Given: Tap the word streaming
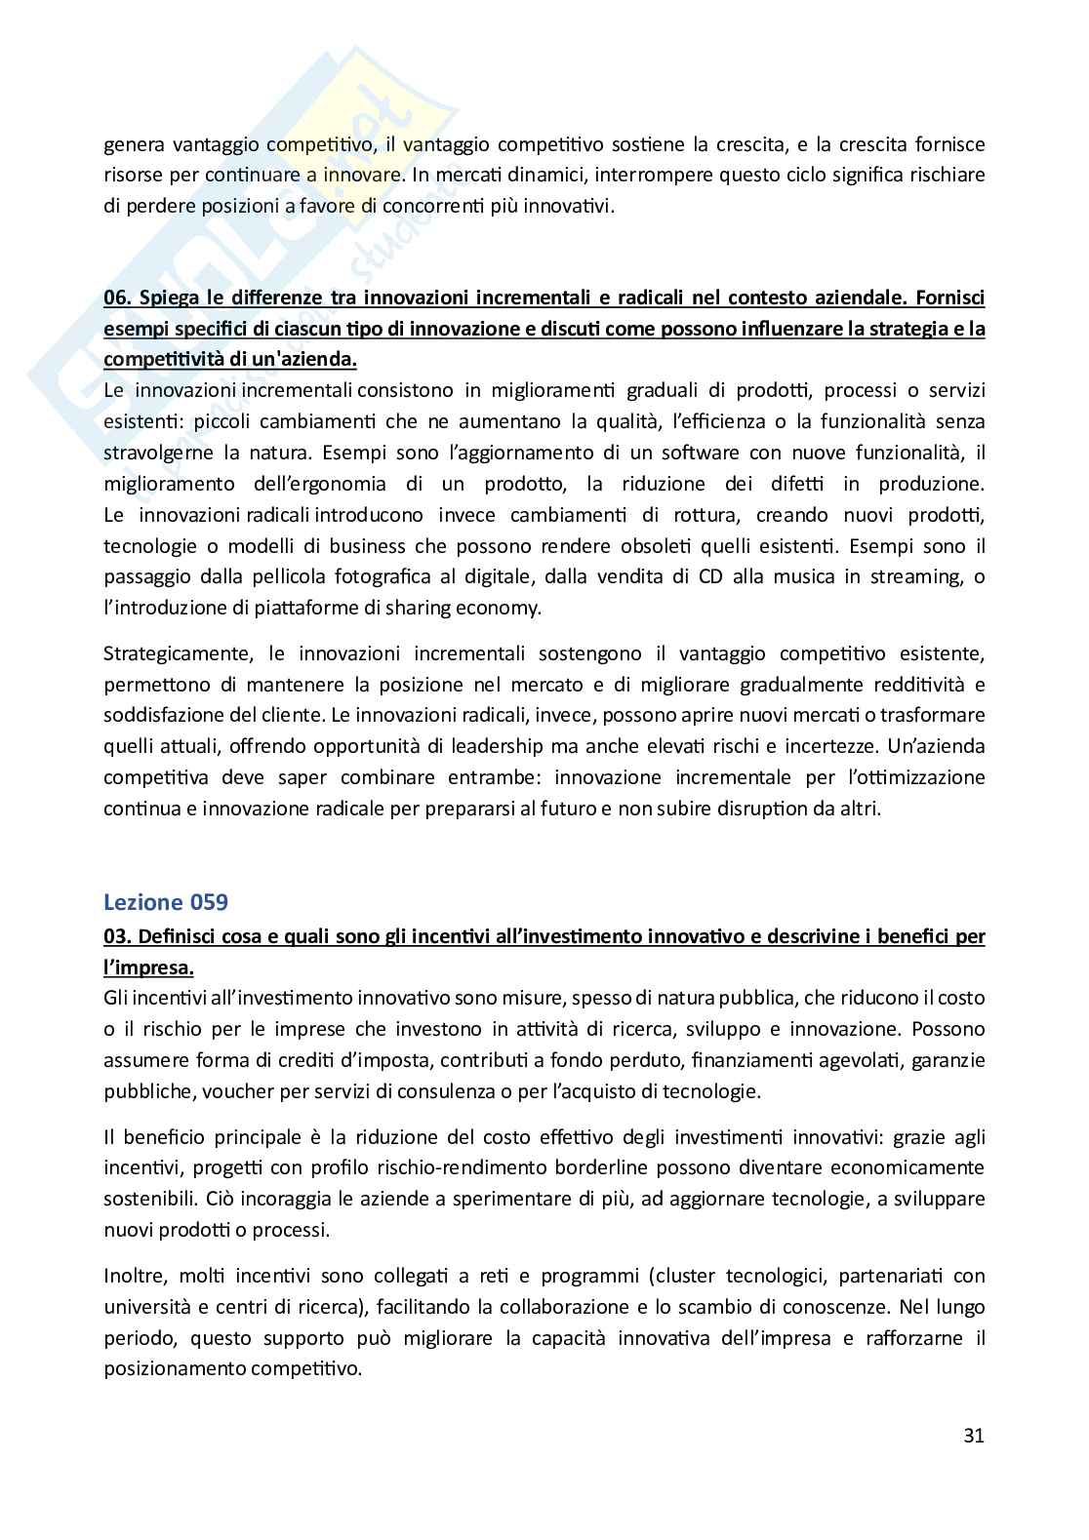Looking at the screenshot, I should (913, 576).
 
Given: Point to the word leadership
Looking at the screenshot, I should (555, 746).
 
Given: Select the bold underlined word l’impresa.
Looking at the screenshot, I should (147, 967).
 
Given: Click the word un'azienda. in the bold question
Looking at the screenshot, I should (307, 360).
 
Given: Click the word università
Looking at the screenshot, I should (141, 1307).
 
